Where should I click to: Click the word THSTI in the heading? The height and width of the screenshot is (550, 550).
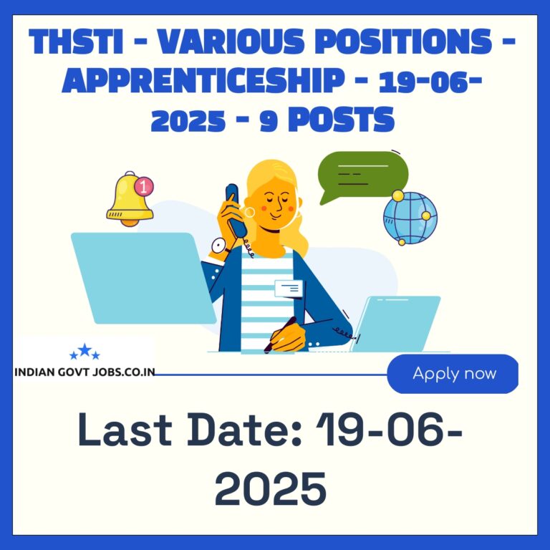(x=76, y=42)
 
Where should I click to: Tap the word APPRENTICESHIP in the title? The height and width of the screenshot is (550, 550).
(x=203, y=81)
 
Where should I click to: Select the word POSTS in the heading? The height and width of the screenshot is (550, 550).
(x=342, y=120)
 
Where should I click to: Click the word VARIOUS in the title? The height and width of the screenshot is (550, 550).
(x=230, y=42)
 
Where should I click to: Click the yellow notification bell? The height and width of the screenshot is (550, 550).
(x=129, y=199)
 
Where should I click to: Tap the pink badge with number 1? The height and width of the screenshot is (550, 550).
(x=144, y=186)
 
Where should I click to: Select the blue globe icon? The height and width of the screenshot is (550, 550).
(x=410, y=218)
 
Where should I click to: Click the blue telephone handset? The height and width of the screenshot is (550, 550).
(x=236, y=210)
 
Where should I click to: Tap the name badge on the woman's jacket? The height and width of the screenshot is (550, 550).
(x=289, y=289)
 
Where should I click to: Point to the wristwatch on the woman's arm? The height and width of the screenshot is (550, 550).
(x=219, y=246)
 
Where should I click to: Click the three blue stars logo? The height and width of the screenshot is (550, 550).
(x=85, y=351)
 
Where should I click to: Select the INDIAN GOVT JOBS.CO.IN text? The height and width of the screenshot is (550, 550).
(x=85, y=372)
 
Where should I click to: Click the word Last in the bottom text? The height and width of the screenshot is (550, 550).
(x=125, y=429)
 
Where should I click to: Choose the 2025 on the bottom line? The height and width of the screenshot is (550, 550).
(x=271, y=488)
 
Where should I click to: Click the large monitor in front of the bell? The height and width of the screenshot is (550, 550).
(x=143, y=278)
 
